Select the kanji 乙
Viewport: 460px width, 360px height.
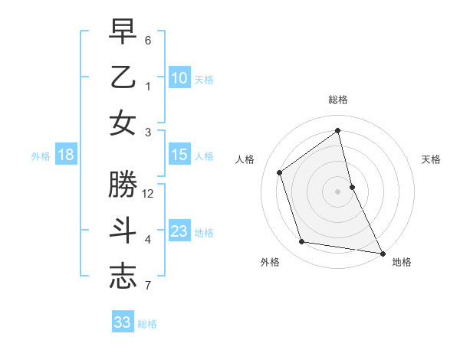[123, 77]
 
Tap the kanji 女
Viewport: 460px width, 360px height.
[123, 123]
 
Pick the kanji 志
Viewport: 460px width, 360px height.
[123, 277]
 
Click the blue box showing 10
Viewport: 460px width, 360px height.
[179, 78]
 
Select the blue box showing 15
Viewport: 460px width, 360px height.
[179, 155]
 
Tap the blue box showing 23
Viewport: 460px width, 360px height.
[179, 231]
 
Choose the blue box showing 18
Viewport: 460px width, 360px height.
[66, 155]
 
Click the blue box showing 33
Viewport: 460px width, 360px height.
[123, 322]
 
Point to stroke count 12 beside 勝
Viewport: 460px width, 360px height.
[148, 194]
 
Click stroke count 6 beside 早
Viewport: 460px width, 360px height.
[148, 40]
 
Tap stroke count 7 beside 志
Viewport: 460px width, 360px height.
[148, 286]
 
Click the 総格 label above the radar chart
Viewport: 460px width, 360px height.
[338, 100]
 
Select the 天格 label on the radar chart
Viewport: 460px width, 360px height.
[431, 159]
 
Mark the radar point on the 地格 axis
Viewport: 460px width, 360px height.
[382, 253]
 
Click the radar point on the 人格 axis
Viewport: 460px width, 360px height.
[280, 172]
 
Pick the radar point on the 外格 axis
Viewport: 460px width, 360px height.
[302, 242]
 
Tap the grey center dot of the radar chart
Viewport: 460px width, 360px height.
[338, 191]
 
